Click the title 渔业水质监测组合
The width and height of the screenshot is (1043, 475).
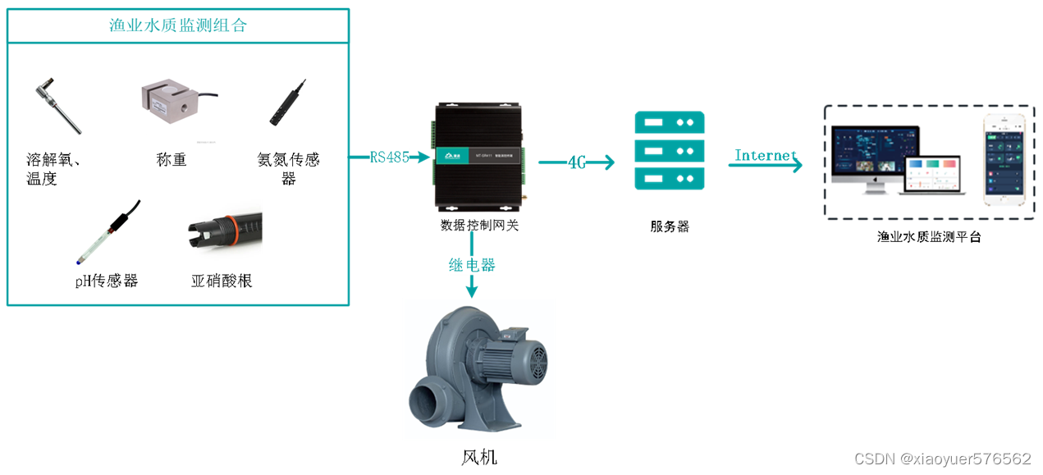pos(178,25)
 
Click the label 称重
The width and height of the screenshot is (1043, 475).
pos(172,159)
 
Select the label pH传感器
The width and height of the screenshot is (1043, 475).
pos(107,281)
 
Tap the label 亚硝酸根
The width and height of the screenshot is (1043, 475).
pos(222,281)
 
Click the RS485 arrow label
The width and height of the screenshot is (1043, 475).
pos(389,157)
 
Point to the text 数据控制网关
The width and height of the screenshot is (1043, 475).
pos(479,224)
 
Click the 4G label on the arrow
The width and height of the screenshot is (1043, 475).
pos(577,162)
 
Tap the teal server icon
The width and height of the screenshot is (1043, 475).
pos(669,151)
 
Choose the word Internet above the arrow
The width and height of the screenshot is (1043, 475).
pos(766,155)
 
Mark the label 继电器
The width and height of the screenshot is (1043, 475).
pos(472,265)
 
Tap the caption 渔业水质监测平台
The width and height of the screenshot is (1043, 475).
pos(929,237)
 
